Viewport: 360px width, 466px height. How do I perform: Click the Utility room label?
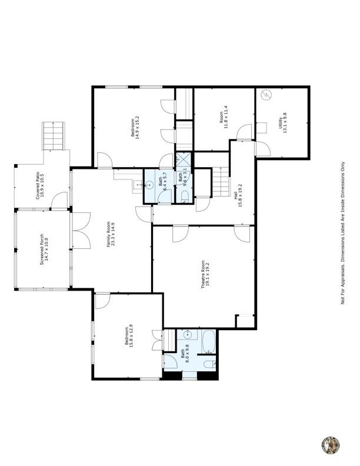pos(284,124)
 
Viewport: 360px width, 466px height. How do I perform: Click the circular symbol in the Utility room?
pos(266,94)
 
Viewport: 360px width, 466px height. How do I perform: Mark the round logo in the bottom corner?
pos(331,445)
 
